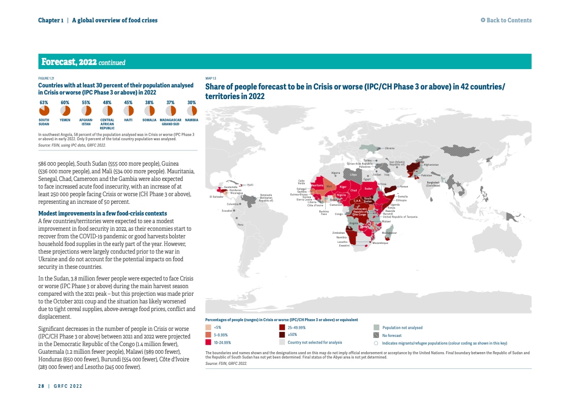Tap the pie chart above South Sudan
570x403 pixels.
click(x=44, y=110)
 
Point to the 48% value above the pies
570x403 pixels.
click(x=107, y=102)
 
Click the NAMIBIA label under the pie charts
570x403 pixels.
click(x=192, y=120)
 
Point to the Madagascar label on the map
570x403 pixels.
click(x=389, y=233)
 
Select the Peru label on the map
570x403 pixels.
click(x=241, y=224)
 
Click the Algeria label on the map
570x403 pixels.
click(x=335, y=173)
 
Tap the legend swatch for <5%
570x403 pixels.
click(x=208, y=328)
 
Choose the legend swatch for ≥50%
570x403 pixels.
click(x=282, y=335)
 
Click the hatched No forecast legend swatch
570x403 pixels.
click(x=376, y=335)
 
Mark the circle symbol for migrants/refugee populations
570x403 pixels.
click(x=376, y=343)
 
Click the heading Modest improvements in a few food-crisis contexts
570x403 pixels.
click(x=103, y=213)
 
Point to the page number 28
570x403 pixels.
click(x=41, y=386)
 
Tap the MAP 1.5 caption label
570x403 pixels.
click(x=210, y=79)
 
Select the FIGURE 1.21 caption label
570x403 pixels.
click(x=46, y=78)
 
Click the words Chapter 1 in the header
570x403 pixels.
click(x=50, y=20)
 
